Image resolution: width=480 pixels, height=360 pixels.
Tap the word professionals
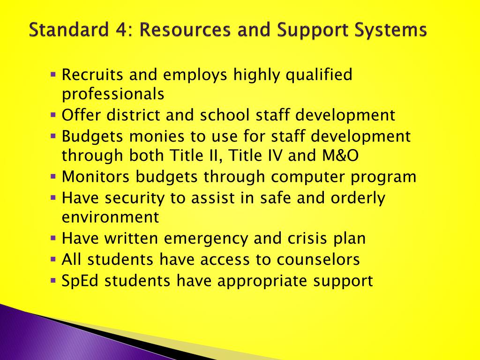point(113,94)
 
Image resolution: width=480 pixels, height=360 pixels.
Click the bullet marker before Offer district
point(53,114)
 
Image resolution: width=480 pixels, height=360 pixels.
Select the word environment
point(110,217)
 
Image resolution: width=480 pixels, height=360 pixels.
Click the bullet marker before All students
point(53,259)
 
